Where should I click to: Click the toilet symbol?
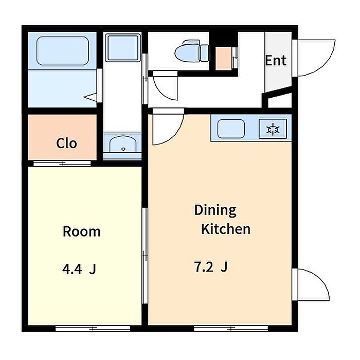pos(192,51)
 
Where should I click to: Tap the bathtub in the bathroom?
pos(63,50)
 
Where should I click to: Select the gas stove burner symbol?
pos(273,129)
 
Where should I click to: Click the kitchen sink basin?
pos(231,129)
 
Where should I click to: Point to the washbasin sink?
pos(122,144)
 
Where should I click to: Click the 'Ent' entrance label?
pos(276,61)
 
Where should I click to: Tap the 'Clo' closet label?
pos(66,143)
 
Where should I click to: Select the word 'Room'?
pos(82,231)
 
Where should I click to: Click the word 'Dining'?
pos(215,210)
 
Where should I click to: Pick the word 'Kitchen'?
pos(226,229)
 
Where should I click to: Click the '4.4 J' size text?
pos(79,269)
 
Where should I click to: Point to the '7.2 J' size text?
pos(211,267)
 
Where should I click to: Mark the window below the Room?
pos(93,328)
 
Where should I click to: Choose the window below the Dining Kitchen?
pos(231,328)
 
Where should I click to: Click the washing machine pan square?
pos(123,48)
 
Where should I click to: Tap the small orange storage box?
pos(223,58)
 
